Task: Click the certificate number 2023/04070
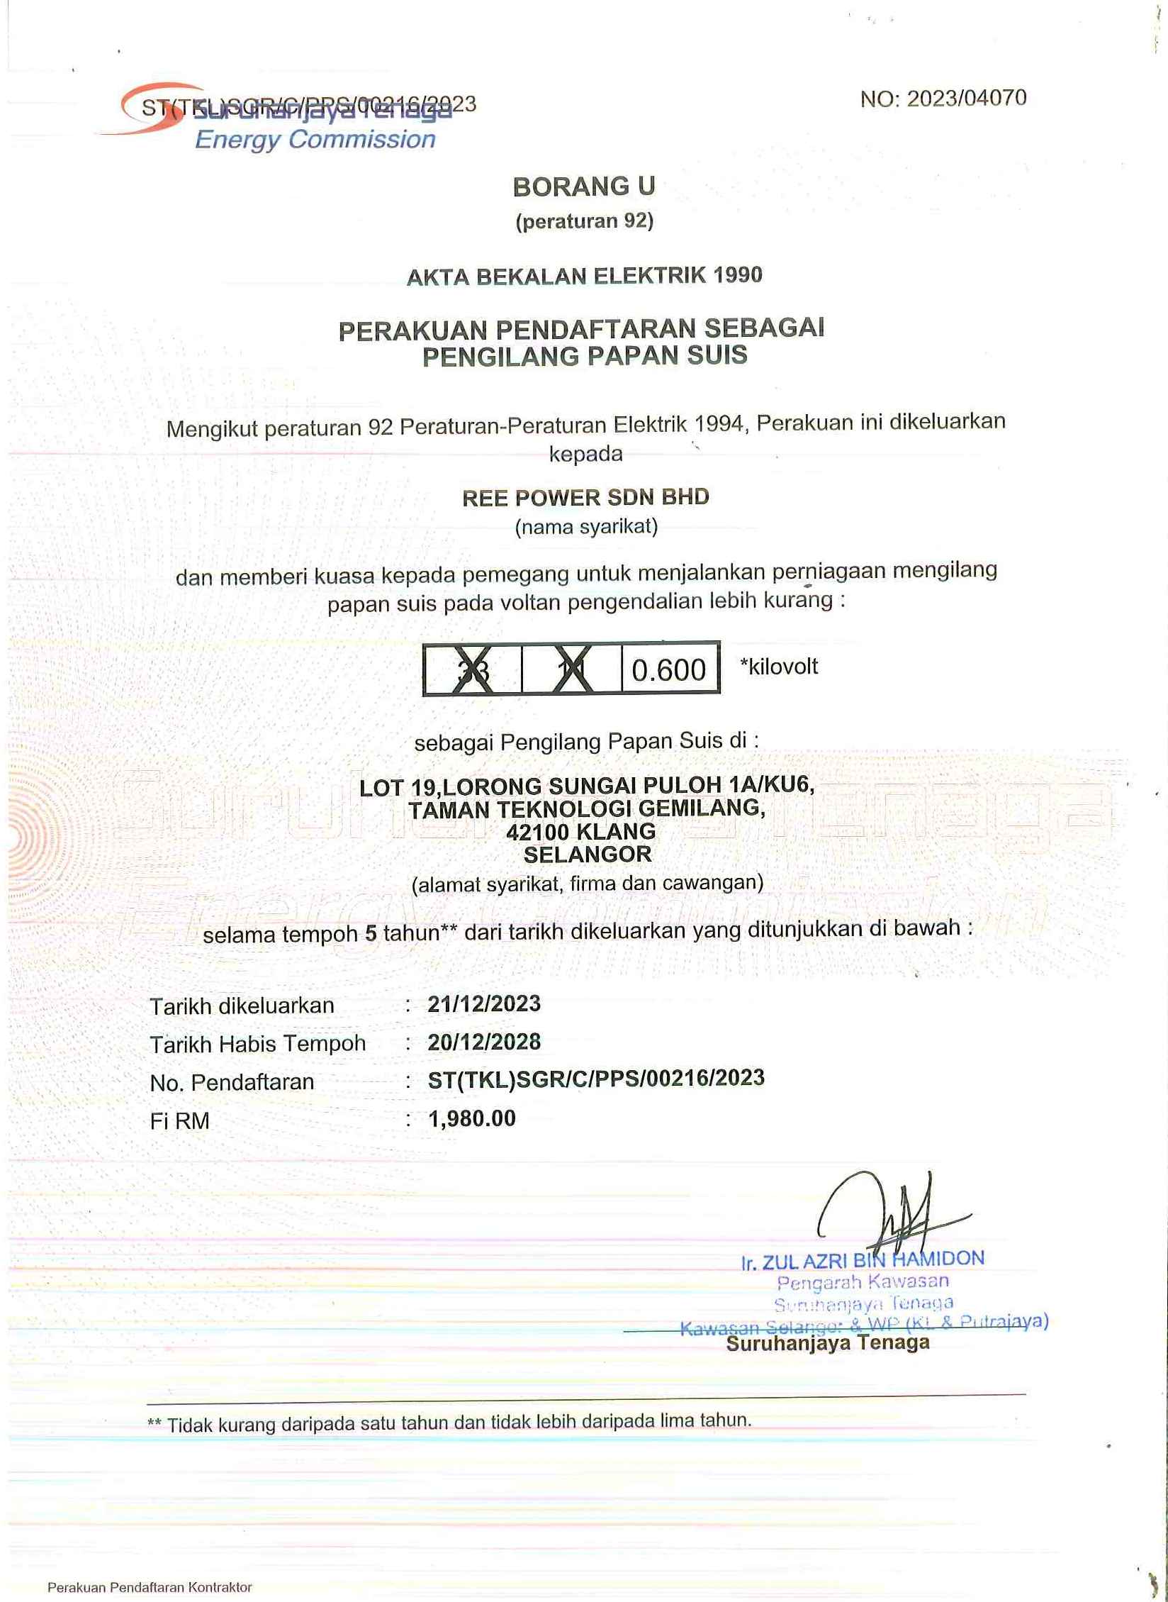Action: tap(967, 99)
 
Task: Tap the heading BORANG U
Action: tap(584, 187)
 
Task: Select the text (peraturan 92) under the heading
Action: tap(584, 222)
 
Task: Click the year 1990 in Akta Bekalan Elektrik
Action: tap(739, 274)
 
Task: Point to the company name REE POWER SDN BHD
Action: tap(585, 497)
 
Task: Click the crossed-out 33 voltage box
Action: tap(473, 668)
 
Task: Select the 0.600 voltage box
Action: tap(669, 669)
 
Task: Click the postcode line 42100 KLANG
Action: tap(580, 831)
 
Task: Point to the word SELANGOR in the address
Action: tap(588, 855)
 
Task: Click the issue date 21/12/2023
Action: tap(484, 1004)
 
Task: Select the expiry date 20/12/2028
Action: tap(484, 1042)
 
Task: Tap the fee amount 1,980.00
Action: tap(472, 1118)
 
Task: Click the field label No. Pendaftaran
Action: tap(232, 1082)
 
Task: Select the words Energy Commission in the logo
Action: tap(315, 140)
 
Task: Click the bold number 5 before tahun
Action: tap(371, 933)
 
